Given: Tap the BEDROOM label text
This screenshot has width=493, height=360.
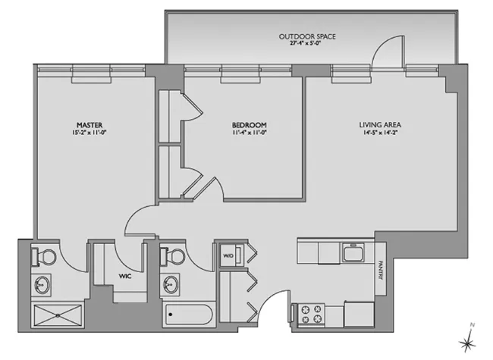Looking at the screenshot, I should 250,124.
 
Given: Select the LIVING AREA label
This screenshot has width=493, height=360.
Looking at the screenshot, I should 379,124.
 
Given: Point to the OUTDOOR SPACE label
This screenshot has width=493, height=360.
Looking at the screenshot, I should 307,36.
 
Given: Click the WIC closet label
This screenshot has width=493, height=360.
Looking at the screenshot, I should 125,276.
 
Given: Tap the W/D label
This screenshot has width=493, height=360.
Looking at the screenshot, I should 228,255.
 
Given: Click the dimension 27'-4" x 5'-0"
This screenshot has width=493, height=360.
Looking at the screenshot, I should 307,45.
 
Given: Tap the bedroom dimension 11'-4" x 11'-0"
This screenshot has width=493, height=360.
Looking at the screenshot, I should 250,133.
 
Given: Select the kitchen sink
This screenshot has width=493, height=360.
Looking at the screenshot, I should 352,250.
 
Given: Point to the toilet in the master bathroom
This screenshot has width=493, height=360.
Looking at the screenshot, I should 43,255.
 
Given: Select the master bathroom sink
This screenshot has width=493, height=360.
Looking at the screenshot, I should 42,284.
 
